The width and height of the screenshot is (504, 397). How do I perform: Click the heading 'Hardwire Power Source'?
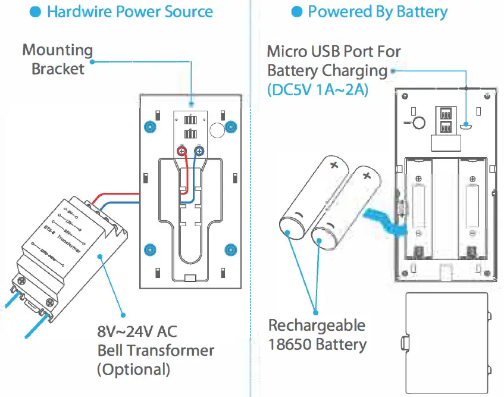tap(129, 12)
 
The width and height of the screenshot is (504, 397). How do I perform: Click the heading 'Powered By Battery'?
tap(377, 12)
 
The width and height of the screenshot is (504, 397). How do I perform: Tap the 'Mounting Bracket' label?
tap(58, 59)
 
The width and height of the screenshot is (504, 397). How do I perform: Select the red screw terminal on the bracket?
tap(183, 152)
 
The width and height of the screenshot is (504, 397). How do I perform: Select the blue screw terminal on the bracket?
tap(199, 152)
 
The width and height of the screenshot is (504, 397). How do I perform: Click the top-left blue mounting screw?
tap(149, 127)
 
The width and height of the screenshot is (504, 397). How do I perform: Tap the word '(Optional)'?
tap(133, 369)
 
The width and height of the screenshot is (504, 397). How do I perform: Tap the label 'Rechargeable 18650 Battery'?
tap(317, 335)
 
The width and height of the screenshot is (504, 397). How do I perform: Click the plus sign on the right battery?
tap(367, 176)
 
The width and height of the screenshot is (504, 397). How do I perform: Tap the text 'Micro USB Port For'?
tap(333, 52)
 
